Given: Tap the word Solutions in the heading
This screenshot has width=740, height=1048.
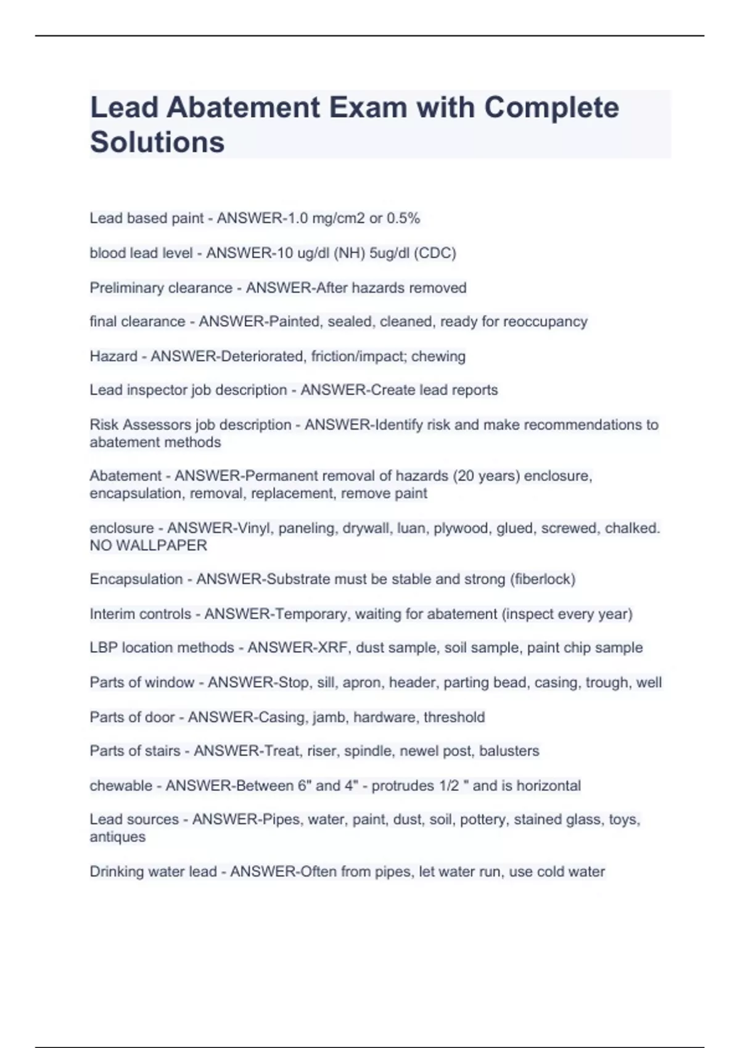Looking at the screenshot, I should [157, 142].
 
